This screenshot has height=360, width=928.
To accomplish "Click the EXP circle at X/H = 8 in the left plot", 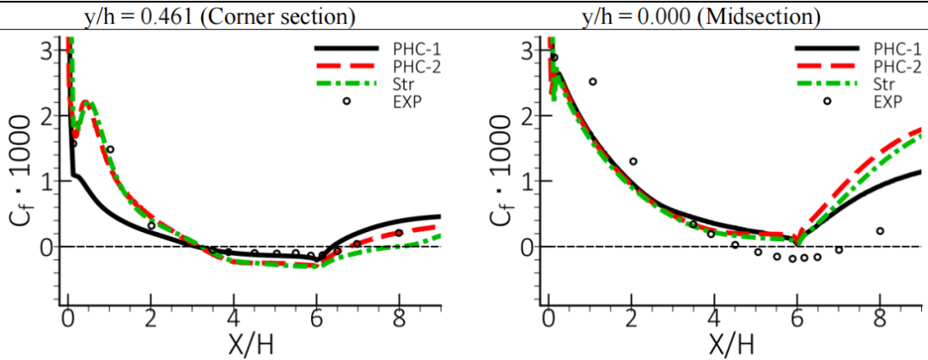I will click(x=399, y=233).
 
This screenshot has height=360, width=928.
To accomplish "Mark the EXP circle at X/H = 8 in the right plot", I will click(x=880, y=230).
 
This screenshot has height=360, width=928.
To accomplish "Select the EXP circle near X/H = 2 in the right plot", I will click(x=633, y=162).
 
